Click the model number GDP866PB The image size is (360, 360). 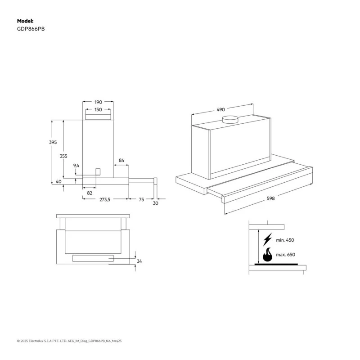(31, 29)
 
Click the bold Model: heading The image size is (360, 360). (25, 21)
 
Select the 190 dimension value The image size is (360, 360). (98, 102)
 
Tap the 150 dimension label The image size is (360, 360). (98, 109)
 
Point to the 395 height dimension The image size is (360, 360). (53, 142)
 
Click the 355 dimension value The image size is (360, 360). (63, 156)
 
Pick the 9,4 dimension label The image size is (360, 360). (76, 166)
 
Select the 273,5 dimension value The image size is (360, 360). (105, 200)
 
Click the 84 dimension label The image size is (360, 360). (121, 160)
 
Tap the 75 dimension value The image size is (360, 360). (141, 200)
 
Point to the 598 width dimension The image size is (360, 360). (271, 198)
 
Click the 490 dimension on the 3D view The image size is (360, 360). (220, 109)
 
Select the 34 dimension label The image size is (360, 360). (139, 261)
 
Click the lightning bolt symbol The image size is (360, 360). (267, 239)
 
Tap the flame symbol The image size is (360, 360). (267, 255)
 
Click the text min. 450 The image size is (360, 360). (285, 240)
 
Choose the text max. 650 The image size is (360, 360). (286, 255)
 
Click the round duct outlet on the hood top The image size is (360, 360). (230, 120)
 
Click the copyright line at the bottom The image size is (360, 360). (69, 341)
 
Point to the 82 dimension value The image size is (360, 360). (90, 193)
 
